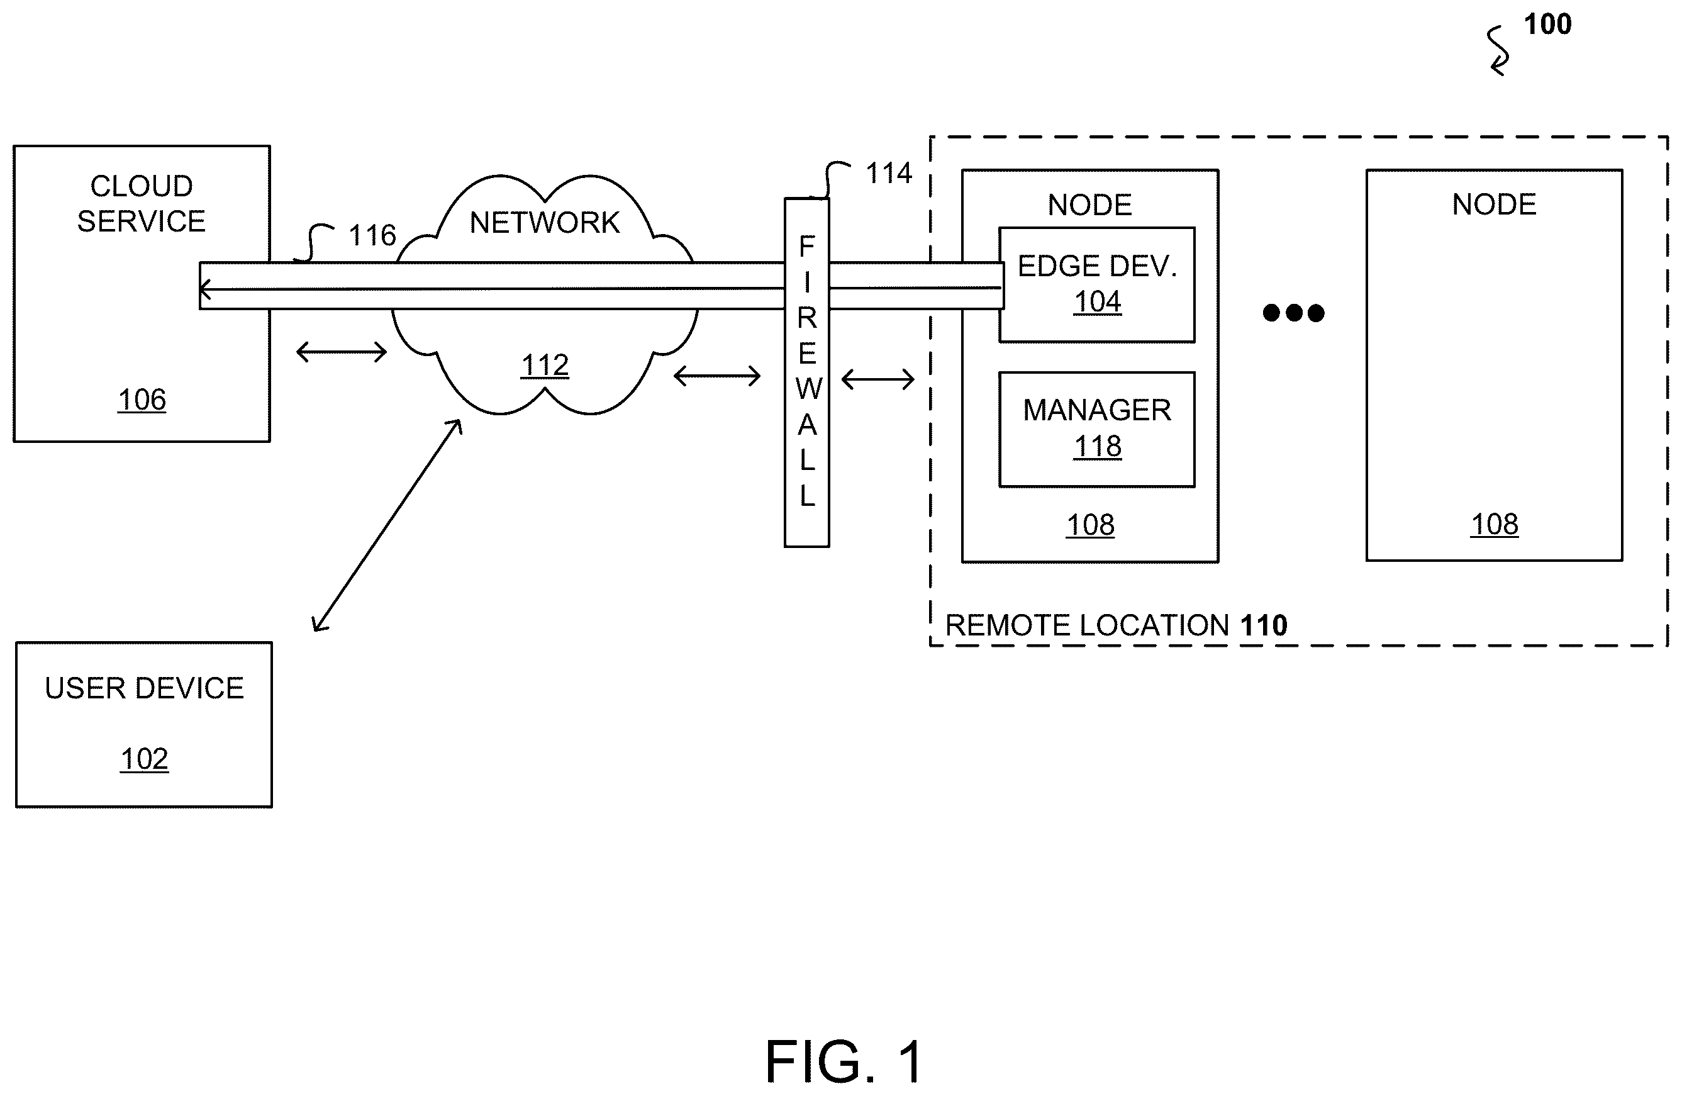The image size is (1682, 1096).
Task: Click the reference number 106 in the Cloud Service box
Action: coord(142,400)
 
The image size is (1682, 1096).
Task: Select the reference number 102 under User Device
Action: coord(144,759)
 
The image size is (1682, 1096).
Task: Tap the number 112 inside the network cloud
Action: coord(545,366)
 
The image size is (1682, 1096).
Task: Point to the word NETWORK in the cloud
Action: coord(544,223)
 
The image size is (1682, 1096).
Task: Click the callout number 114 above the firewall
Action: coord(888,173)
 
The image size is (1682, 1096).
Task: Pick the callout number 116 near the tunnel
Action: coord(372,235)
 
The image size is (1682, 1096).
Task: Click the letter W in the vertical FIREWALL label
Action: coord(808,389)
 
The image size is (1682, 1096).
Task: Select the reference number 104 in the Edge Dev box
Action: coord(1098,302)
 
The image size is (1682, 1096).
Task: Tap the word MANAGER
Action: coord(1097,410)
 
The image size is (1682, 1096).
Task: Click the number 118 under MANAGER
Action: coord(1098,446)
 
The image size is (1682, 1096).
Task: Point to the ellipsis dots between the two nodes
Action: coord(1293,313)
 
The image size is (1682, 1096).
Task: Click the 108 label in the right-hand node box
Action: coord(1494,525)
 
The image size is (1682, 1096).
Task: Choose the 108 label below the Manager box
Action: coord(1091,525)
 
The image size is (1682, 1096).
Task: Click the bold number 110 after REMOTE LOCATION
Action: coord(1264,625)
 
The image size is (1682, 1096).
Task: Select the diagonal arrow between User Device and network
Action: coord(387,525)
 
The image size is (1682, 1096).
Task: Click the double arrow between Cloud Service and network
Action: coord(342,352)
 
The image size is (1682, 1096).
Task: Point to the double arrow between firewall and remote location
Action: coord(877,380)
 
